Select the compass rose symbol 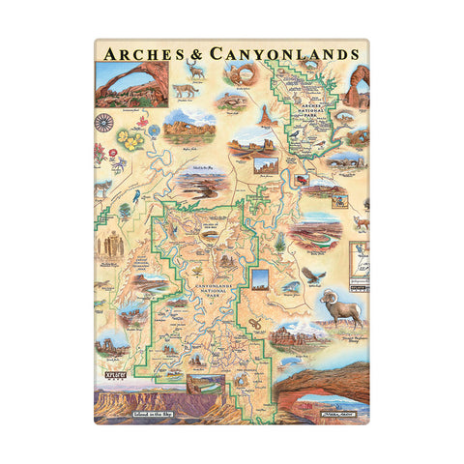pos(104,123)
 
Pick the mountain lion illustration pos(182,92)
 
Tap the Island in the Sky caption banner pos(137,413)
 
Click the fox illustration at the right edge pos(360,224)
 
